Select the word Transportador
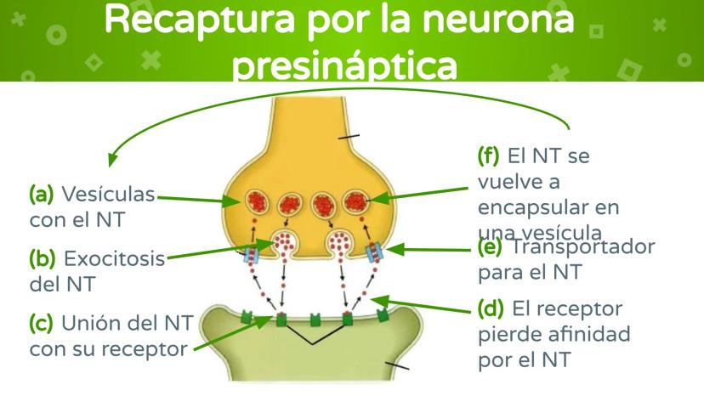click(x=595, y=248)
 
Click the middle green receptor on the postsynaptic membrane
click(x=314, y=320)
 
